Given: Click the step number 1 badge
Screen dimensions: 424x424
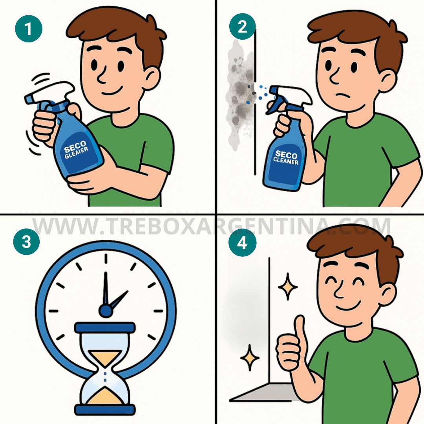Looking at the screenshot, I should (x=29, y=28).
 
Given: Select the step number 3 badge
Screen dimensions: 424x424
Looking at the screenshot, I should (x=26, y=243).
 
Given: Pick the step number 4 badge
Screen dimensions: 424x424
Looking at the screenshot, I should (x=243, y=243).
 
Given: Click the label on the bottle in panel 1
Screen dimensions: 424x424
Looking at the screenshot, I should (x=77, y=151).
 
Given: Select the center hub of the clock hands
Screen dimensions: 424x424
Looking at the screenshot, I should (x=105, y=311).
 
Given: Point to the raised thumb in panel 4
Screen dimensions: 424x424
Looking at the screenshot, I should (x=300, y=328).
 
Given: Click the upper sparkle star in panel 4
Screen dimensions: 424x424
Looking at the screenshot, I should (x=288, y=287).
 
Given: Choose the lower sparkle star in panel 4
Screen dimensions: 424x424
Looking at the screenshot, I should (x=250, y=357).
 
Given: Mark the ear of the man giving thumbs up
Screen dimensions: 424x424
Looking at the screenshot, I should (x=386, y=292).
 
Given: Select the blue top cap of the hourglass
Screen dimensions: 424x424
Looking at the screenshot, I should (x=105, y=327).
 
